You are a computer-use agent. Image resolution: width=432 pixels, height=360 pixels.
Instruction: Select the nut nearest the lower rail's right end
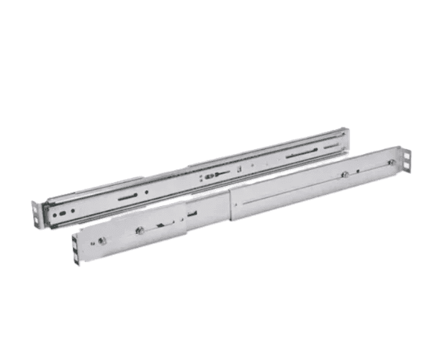392,163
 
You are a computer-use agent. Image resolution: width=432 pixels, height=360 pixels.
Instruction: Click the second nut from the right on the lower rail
346,174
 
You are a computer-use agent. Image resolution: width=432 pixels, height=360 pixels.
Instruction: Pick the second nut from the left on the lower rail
140,230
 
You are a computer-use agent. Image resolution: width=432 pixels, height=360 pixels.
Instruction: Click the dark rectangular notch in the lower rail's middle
193,214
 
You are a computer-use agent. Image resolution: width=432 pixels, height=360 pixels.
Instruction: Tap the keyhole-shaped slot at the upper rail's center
209,176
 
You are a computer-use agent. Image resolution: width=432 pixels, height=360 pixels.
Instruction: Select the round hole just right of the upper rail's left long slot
148,192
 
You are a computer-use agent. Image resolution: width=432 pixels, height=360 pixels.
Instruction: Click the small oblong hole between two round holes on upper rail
63,213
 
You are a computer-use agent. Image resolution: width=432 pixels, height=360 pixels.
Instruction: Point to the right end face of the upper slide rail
347,136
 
